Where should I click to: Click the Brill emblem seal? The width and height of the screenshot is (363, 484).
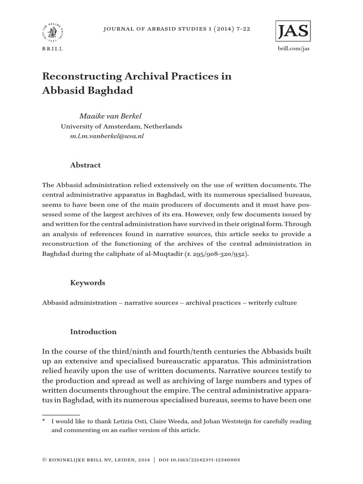coord(52,33)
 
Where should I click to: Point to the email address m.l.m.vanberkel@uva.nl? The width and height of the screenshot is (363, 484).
coord(107,136)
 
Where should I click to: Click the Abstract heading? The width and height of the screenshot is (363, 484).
coord(86,165)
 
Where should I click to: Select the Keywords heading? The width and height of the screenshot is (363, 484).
coord(88,283)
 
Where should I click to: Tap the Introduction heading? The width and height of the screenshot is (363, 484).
coord(93,332)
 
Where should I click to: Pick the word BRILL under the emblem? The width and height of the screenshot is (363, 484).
coord(52,49)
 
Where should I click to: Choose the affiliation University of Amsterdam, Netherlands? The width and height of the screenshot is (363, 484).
coord(121,126)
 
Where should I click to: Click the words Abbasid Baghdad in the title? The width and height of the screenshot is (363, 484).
coord(88,91)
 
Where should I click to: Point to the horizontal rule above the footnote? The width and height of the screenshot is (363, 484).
coord(61,415)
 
